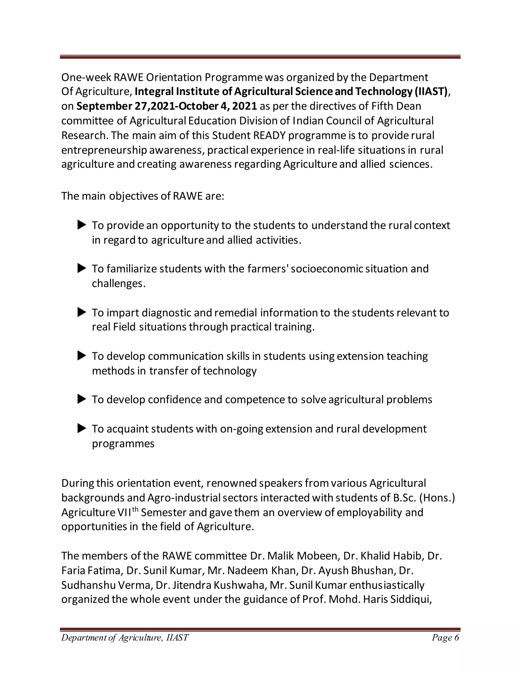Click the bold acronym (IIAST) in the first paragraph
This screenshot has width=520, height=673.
(x=431, y=91)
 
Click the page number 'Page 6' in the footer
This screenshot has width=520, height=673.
(x=445, y=637)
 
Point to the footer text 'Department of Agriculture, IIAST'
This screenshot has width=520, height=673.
(x=125, y=637)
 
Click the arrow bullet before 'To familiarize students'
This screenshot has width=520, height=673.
(x=82, y=268)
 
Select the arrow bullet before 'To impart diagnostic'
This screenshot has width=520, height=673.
(x=82, y=312)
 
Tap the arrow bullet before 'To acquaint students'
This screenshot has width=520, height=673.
(x=82, y=428)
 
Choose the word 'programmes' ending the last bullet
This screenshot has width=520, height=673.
(x=123, y=443)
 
